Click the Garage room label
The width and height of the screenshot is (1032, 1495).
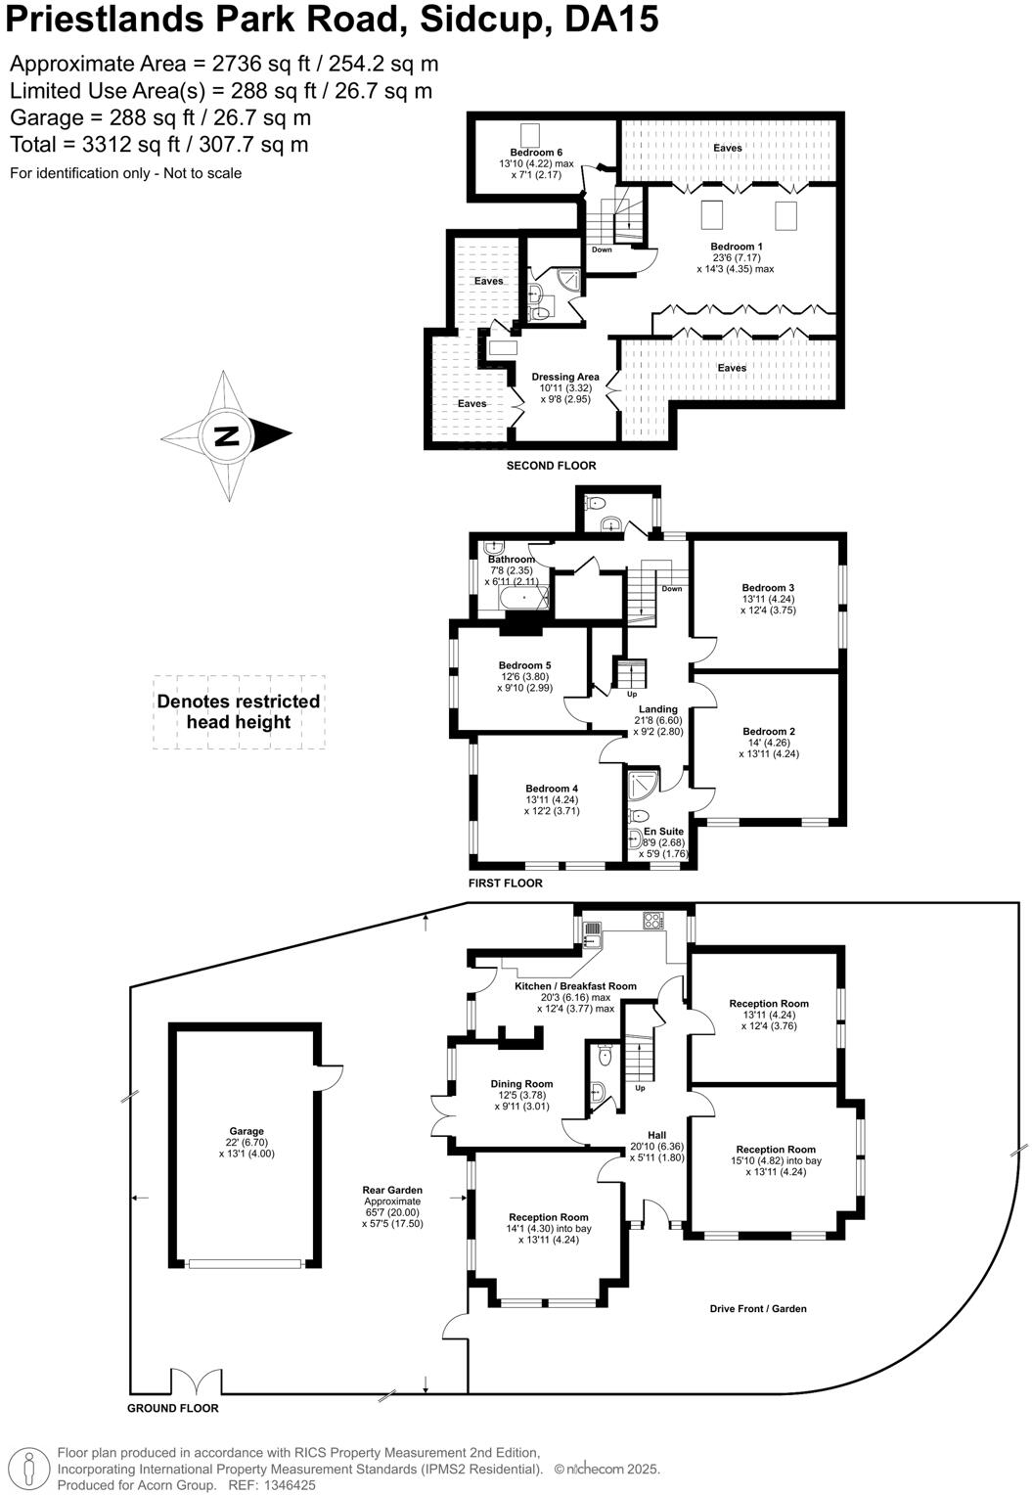click(247, 1131)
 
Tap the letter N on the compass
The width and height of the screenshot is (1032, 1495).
click(226, 435)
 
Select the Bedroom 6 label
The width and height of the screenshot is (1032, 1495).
click(536, 153)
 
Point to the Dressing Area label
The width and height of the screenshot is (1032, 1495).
click(565, 377)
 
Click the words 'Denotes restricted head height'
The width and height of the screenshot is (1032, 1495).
click(238, 712)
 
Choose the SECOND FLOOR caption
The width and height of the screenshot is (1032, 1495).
click(551, 466)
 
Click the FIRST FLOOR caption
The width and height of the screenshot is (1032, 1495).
click(505, 883)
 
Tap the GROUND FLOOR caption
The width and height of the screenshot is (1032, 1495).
click(173, 1408)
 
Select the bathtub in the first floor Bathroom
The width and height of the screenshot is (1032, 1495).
click(523, 596)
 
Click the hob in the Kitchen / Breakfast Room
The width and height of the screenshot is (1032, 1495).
click(652, 921)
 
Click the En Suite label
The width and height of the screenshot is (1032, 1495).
click(664, 832)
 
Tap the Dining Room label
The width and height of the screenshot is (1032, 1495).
click(521, 1083)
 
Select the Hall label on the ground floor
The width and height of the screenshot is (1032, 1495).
click(656, 1135)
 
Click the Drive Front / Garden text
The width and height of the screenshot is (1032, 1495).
click(758, 1308)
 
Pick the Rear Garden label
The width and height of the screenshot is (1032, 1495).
click(392, 1190)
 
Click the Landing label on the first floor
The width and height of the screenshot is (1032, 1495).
click(657, 709)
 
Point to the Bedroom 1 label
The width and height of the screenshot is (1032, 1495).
click(736, 247)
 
